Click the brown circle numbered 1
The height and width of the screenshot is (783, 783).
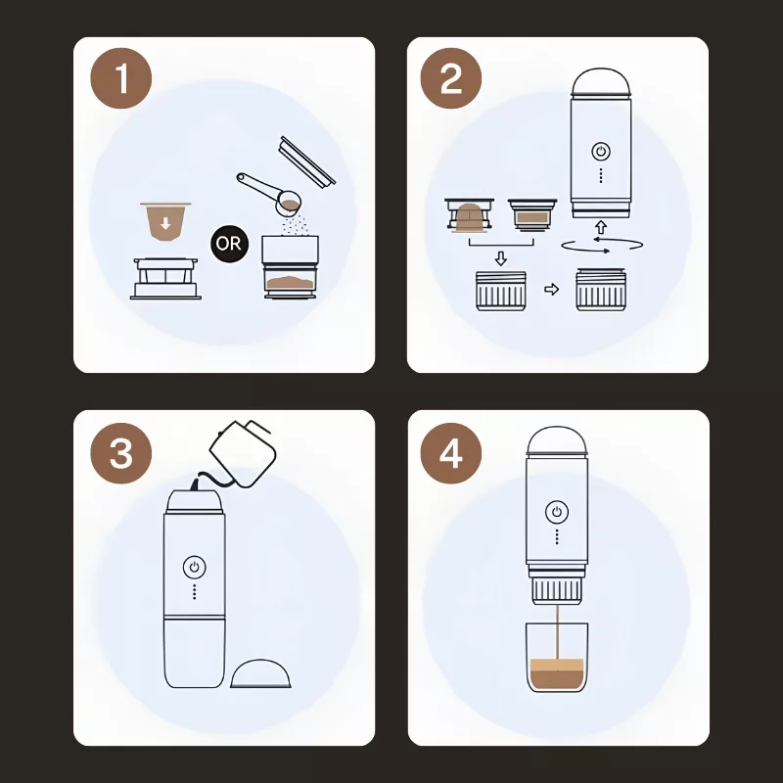coord(120,78)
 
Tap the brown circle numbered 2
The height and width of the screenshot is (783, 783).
coord(451,78)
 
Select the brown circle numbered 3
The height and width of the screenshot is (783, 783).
coord(120,453)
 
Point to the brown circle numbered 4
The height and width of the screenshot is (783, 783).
coord(451,453)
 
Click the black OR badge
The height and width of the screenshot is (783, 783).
coord(229,244)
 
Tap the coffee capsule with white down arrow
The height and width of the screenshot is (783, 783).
coord(165,222)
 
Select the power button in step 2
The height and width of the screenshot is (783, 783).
coord(601,152)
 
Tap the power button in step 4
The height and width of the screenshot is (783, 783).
coord(557,512)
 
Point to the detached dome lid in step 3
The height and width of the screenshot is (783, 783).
coord(260,673)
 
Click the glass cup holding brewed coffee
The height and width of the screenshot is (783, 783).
coord(557,657)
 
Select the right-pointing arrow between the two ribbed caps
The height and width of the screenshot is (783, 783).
coord(551,289)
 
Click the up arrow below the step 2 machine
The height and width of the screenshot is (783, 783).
coord(601,227)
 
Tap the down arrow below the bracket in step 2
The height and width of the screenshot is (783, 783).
coord(501,258)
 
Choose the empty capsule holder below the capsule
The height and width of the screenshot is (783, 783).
coord(165,279)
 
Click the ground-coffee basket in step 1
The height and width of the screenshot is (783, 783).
coord(290,267)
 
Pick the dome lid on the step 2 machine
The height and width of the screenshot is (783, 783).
coord(601,82)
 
